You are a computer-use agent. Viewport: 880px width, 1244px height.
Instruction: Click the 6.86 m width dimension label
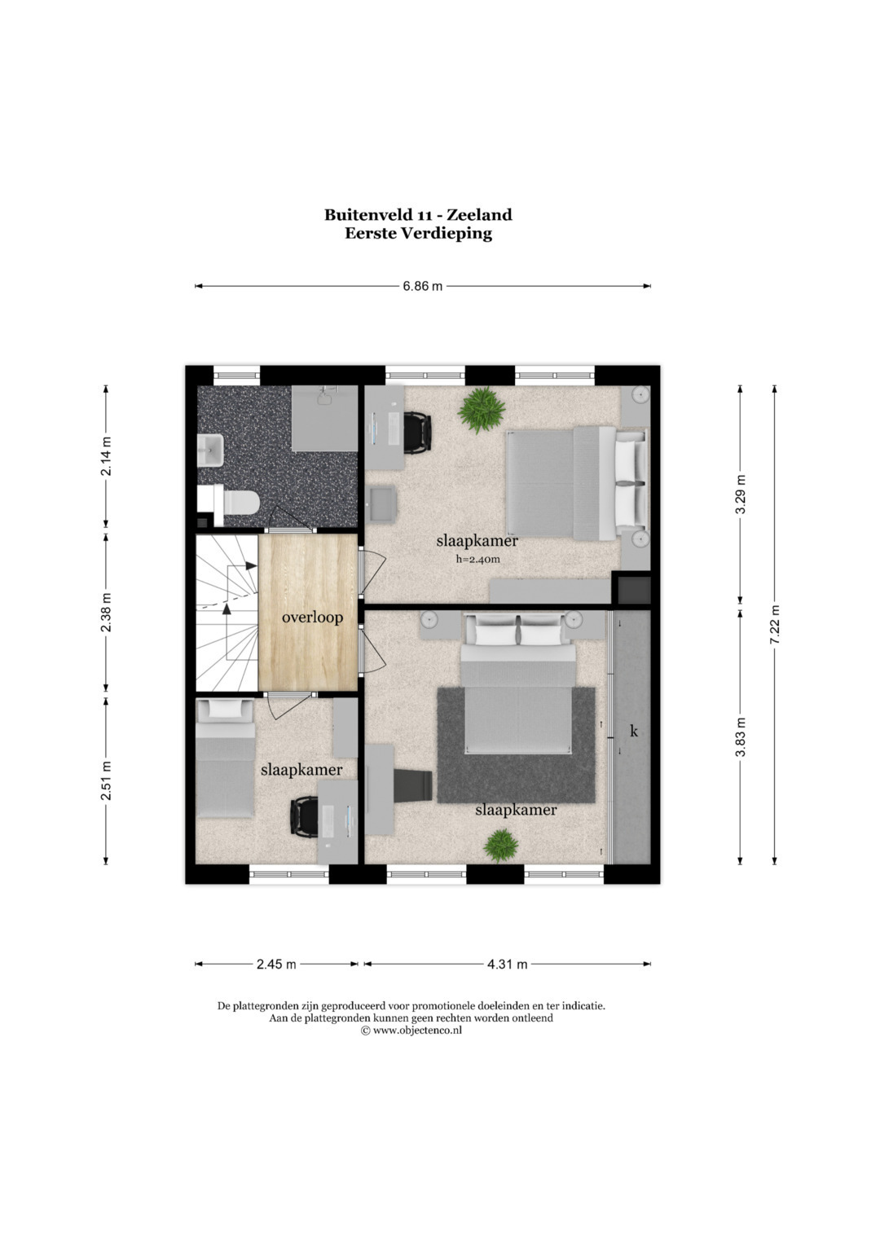[422, 287]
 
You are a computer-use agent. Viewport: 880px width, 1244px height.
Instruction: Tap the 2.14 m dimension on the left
[106, 456]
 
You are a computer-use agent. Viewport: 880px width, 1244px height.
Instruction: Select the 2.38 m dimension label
[106, 612]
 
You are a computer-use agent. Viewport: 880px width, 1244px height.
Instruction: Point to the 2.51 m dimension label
[106, 780]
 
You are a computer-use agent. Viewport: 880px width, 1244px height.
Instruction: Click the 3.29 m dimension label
[740, 495]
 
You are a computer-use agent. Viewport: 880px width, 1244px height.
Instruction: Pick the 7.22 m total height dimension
[775, 624]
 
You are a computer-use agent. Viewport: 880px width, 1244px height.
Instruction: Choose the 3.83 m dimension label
[740, 737]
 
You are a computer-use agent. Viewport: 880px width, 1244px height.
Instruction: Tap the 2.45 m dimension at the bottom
[276, 964]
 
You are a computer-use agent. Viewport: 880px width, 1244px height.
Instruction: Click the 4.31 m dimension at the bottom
[507, 964]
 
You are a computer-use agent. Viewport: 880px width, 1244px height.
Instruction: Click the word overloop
[312, 618]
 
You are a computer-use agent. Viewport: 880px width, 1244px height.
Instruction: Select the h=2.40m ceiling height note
[477, 559]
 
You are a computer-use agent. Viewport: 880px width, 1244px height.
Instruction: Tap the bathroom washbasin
[211, 451]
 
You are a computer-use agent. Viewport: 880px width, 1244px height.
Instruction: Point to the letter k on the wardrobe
[633, 732]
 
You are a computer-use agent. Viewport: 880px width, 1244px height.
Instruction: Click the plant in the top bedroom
[482, 410]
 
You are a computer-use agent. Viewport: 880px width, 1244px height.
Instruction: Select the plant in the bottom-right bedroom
[501, 846]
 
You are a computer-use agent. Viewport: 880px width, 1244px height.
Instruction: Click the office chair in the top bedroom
[418, 433]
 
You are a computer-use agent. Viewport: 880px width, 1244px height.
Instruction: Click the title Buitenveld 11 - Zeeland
[418, 214]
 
